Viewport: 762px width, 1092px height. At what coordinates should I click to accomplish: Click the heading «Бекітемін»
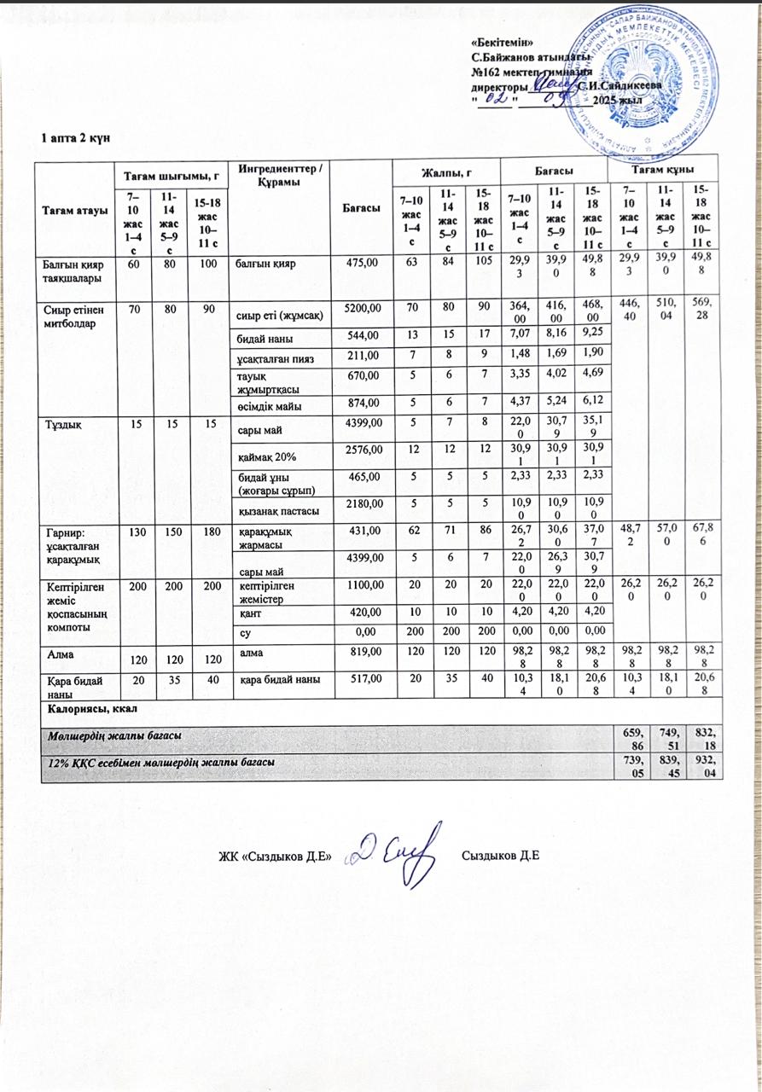click(504, 43)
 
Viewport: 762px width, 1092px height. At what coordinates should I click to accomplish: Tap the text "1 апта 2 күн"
click(76, 138)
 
